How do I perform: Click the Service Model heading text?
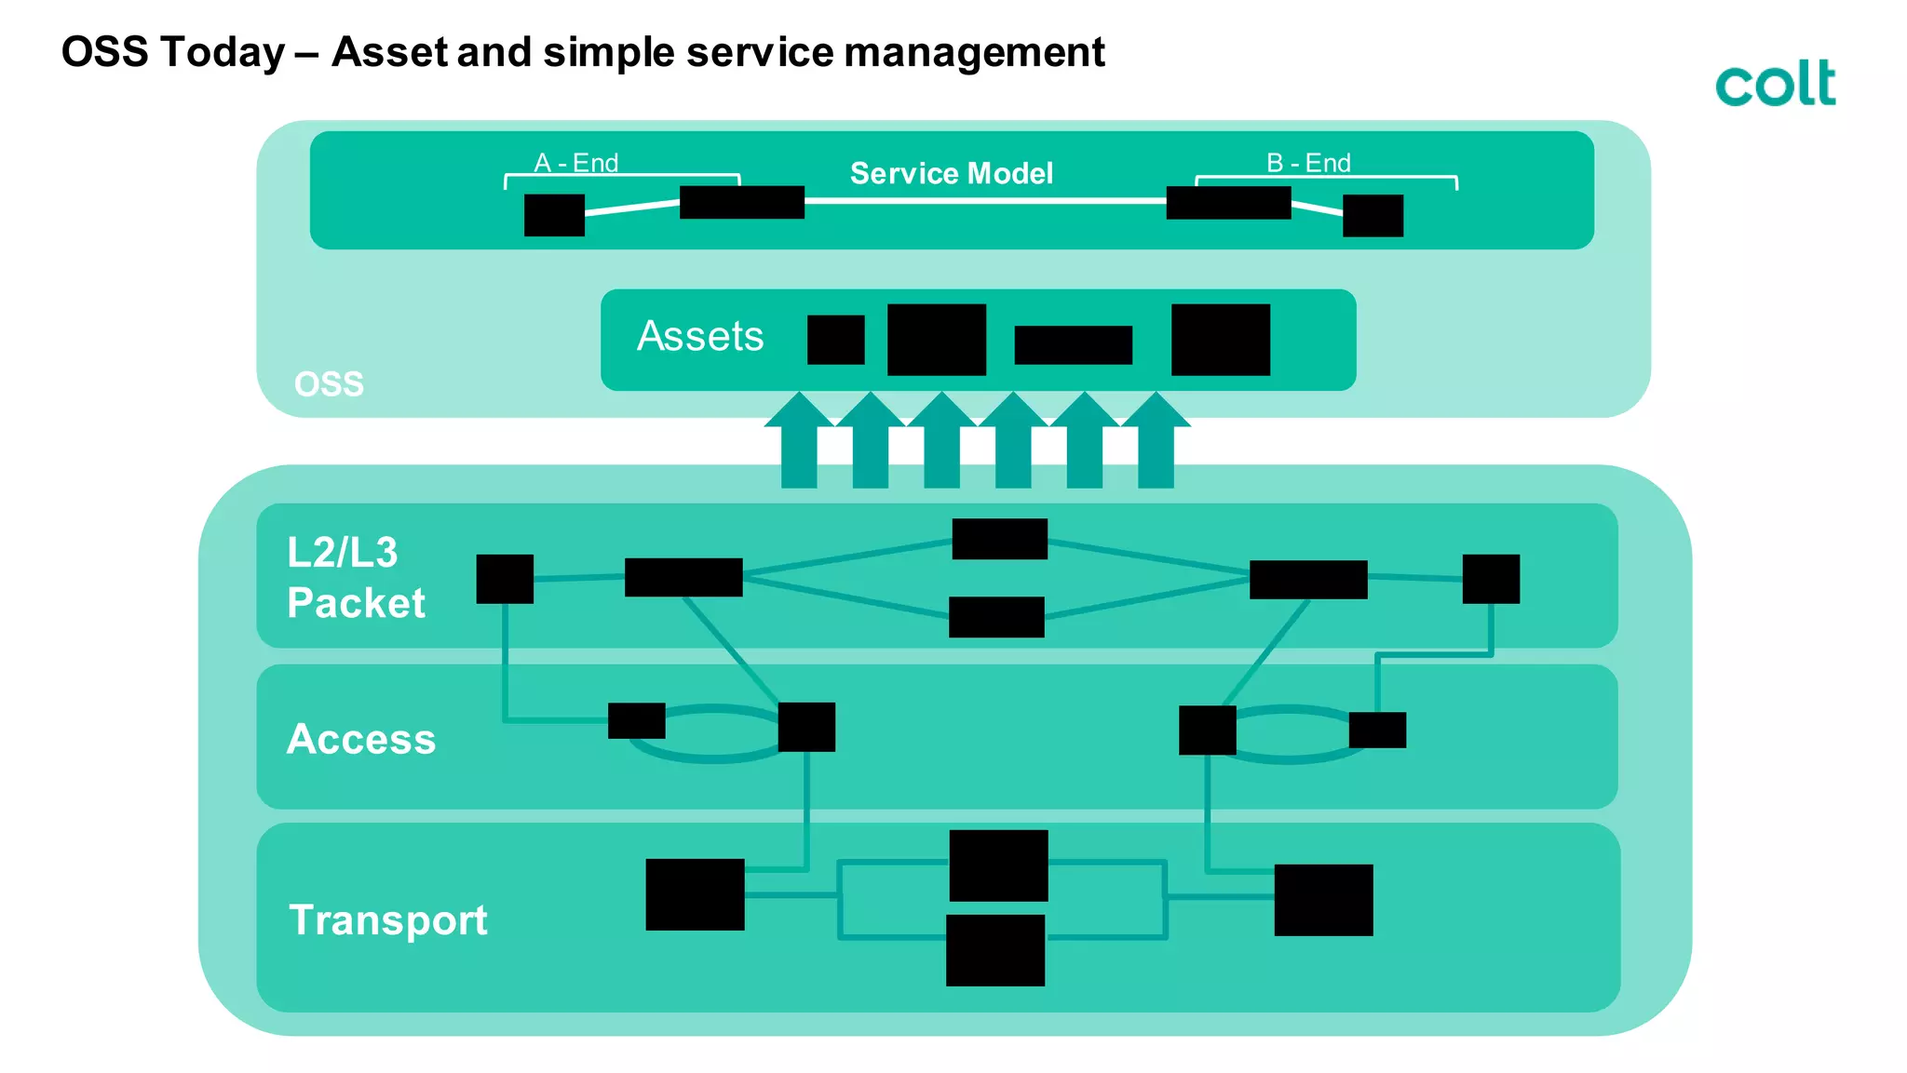coord(951,173)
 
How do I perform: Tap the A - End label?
coord(575,163)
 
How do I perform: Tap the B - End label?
coord(1308,163)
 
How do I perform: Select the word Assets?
coord(700,336)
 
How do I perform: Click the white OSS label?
coord(329,383)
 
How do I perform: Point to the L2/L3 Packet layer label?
coord(356,577)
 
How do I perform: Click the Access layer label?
coord(361,739)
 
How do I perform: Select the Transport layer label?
coord(388,919)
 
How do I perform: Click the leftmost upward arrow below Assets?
coord(799,441)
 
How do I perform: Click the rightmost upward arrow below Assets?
coord(1156,441)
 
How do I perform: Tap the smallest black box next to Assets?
coord(835,340)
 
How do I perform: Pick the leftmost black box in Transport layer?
coord(695,894)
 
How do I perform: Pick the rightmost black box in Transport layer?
coord(1323,900)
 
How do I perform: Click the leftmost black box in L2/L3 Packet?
coord(505,579)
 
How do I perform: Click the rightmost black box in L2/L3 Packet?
coord(1491,579)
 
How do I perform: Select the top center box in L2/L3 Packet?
coord(999,539)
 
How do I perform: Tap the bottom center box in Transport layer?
coord(994,950)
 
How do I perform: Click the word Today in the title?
coord(223,52)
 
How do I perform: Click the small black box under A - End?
coord(554,215)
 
